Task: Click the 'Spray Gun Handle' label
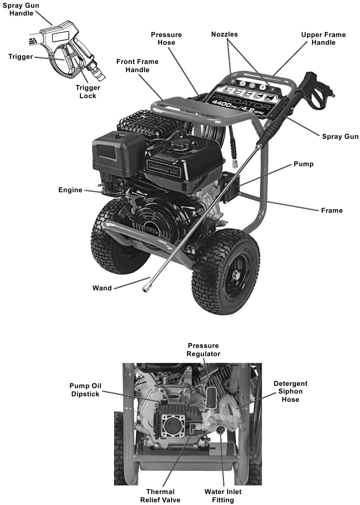(x=20, y=9)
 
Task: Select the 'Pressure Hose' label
(x=166, y=38)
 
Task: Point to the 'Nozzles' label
(x=224, y=34)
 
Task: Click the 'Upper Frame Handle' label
(x=323, y=38)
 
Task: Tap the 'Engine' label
(x=70, y=190)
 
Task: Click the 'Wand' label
(x=102, y=288)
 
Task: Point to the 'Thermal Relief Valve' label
(x=160, y=496)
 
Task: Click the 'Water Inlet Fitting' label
(x=223, y=496)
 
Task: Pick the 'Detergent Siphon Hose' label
(x=290, y=391)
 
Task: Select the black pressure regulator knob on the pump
(x=210, y=395)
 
